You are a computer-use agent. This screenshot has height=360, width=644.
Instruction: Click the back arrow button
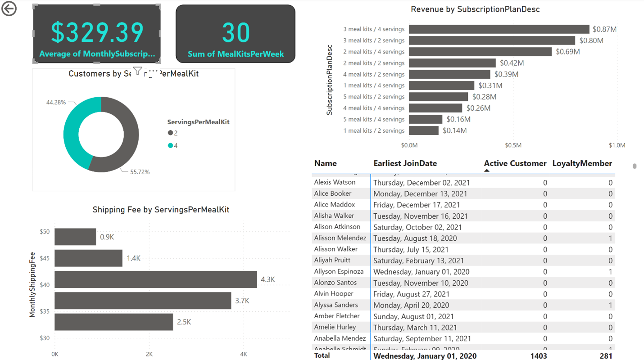9,9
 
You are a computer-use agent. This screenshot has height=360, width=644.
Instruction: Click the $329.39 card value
97,32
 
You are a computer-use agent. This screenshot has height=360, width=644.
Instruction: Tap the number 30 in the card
236,32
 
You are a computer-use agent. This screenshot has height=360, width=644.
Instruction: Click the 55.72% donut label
140,172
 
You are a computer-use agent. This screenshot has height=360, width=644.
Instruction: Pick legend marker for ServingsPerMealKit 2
170,133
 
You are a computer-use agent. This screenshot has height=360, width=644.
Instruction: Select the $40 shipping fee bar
155,279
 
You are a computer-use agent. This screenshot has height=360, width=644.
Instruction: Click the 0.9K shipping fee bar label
107,237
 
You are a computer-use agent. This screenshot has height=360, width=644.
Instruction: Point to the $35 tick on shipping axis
45,311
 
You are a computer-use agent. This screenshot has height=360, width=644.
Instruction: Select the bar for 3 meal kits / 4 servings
499,29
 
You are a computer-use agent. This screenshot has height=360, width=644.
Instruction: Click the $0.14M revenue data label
454,130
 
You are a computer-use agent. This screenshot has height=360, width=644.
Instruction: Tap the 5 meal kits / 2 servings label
374,97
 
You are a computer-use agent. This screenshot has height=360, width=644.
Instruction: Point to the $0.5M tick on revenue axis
513,145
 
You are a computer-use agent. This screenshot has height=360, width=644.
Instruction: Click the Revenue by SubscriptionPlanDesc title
475,9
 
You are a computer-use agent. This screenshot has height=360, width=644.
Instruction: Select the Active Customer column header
515,163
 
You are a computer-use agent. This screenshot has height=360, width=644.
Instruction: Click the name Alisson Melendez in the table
340,238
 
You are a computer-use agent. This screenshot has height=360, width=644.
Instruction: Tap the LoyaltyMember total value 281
606,356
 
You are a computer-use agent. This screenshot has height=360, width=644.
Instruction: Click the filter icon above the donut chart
138,71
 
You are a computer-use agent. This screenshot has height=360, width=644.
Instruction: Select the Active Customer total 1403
539,356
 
